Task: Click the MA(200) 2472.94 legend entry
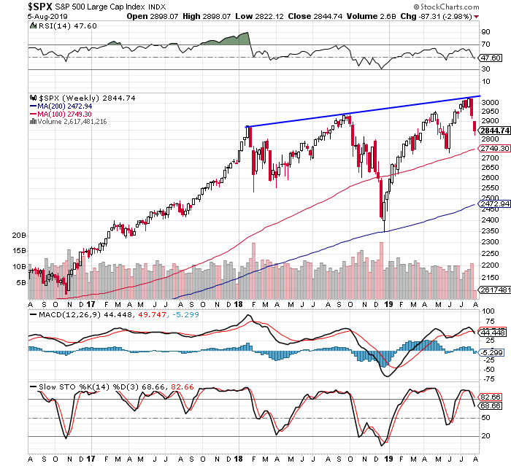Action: click(67, 106)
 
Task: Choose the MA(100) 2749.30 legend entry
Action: click(67, 114)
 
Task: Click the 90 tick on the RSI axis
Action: click(485, 32)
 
